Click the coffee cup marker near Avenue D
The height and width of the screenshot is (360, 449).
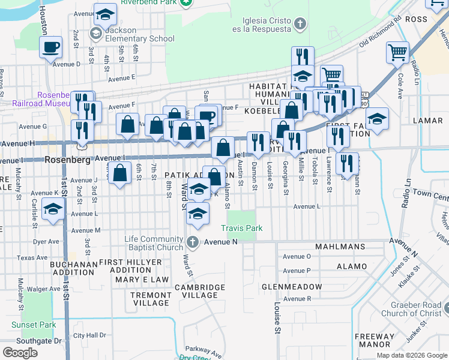[51, 47]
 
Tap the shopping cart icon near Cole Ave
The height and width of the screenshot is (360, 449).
[397, 52]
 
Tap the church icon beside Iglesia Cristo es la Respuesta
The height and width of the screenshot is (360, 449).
[300, 25]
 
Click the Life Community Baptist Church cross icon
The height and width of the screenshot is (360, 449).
[192, 242]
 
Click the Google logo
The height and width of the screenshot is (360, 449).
[20, 352]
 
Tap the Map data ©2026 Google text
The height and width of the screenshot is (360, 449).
[411, 355]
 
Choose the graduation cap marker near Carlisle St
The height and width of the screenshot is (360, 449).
[53, 210]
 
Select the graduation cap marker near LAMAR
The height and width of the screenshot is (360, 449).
[376, 118]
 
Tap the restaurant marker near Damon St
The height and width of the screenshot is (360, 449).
[258, 142]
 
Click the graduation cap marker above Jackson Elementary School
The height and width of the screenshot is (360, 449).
[105, 13]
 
